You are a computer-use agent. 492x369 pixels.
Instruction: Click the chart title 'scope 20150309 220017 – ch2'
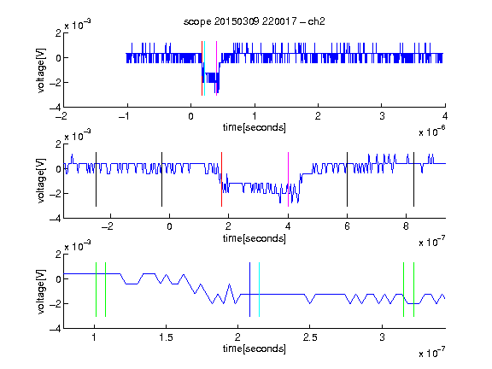(x=255, y=21)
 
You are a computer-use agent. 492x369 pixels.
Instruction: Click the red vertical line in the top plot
(x=202, y=68)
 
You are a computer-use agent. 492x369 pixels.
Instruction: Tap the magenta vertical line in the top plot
(x=216, y=68)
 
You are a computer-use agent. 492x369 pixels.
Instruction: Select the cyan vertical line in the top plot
(x=204, y=68)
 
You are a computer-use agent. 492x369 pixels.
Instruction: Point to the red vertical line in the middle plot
(x=221, y=179)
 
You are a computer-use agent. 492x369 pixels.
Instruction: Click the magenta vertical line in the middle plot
(x=288, y=179)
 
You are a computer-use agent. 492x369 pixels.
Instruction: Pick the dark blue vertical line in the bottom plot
(x=249, y=290)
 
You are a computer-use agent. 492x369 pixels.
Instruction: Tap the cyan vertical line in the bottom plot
(x=259, y=290)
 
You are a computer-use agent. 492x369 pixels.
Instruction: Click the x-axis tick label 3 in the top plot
(x=382, y=116)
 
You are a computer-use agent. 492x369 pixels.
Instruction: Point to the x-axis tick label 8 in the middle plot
(x=406, y=226)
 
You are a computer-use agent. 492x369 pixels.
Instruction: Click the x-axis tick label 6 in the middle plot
(x=347, y=226)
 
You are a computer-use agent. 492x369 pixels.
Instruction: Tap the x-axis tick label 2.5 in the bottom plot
(x=310, y=337)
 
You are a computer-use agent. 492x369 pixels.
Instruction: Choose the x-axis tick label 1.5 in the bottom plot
(x=166, y=337)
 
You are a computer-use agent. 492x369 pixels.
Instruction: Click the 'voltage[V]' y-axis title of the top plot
(x=41, y=70)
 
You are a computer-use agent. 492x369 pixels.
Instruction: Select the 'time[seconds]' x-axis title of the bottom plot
(x=255, y=348)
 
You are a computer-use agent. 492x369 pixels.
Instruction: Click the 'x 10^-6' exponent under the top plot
(x=432, y=132)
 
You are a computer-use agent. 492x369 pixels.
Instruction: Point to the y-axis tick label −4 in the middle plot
(x=56, y=219)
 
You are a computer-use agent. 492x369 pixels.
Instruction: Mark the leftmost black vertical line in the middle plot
(x=96, y=179)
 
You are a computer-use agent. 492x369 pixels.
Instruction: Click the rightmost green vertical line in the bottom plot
(x=414, y=290)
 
